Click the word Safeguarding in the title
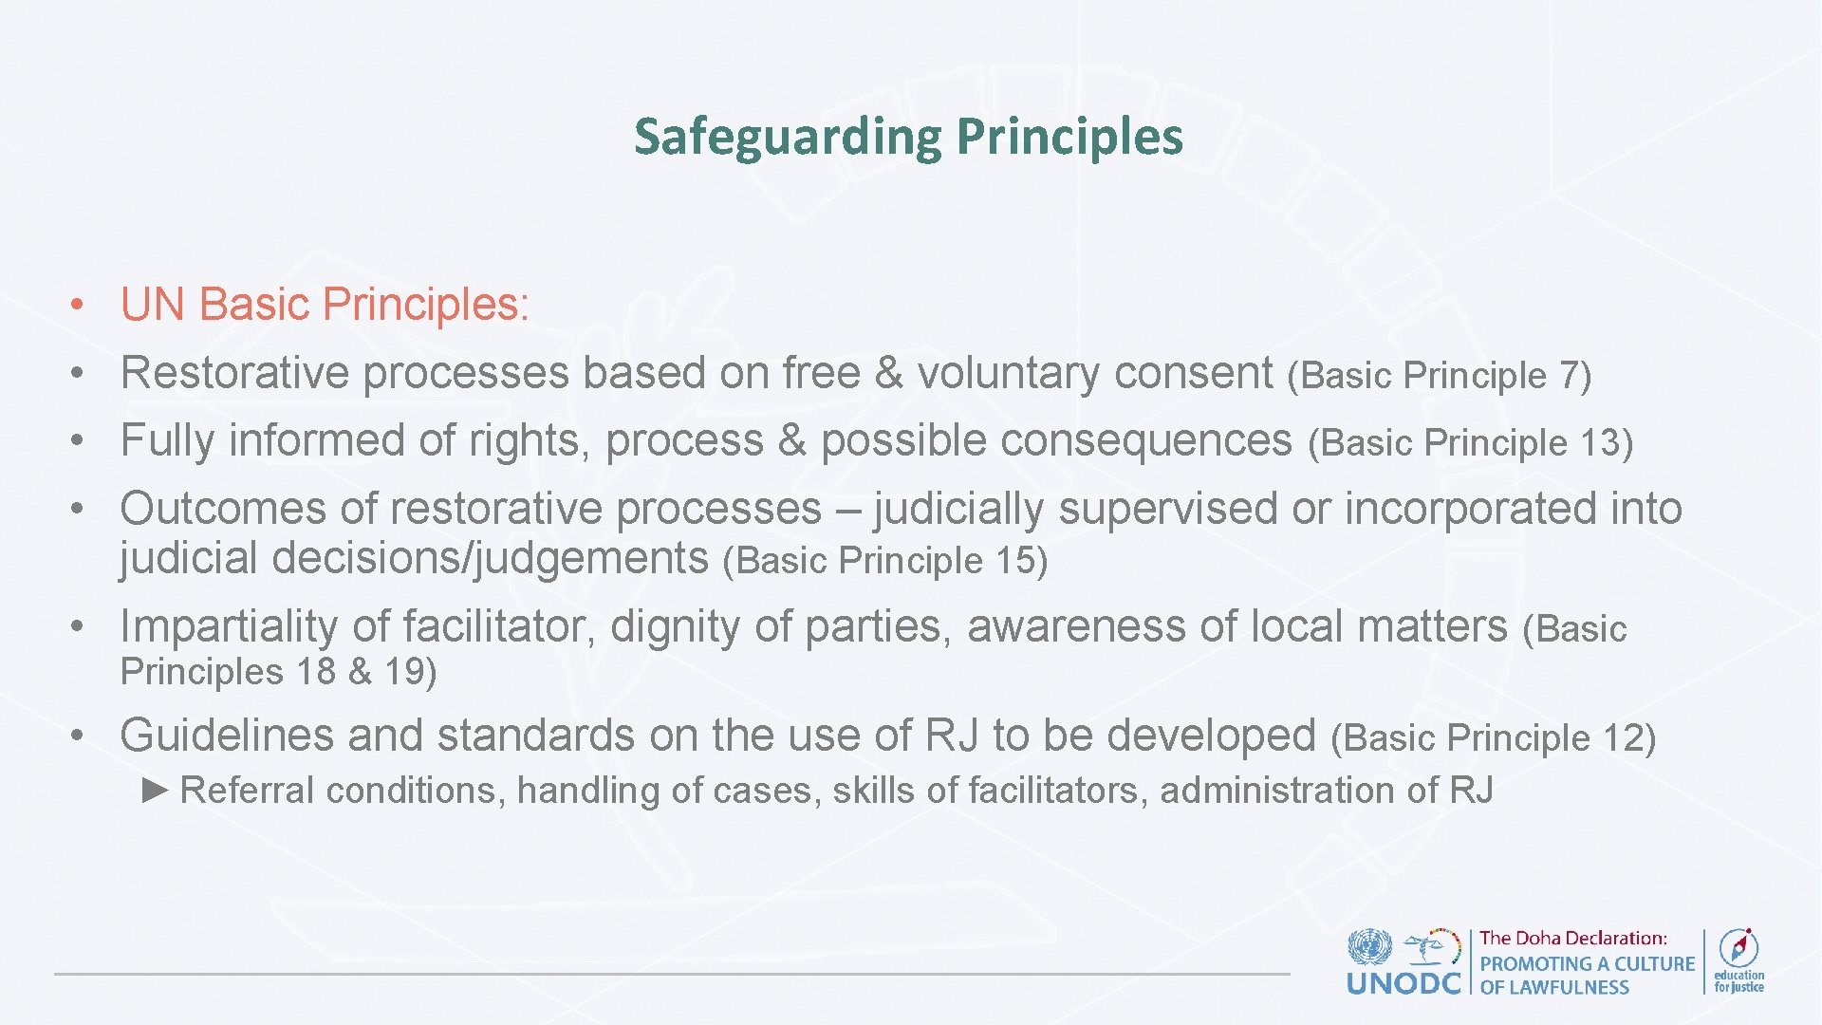[x=787, y=137]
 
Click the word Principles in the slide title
[x=1069, y=137]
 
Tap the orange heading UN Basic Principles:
[x=325, y=305]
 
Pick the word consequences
[x=1056, y=441]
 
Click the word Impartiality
[x=229, y=626]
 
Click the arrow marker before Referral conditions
[x=155, y=790]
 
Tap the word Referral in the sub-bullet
[x=247, y=791]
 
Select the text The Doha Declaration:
[x=1572, y=939]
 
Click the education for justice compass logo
[x=1738, y=948]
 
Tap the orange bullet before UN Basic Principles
[x=80, y=306]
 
